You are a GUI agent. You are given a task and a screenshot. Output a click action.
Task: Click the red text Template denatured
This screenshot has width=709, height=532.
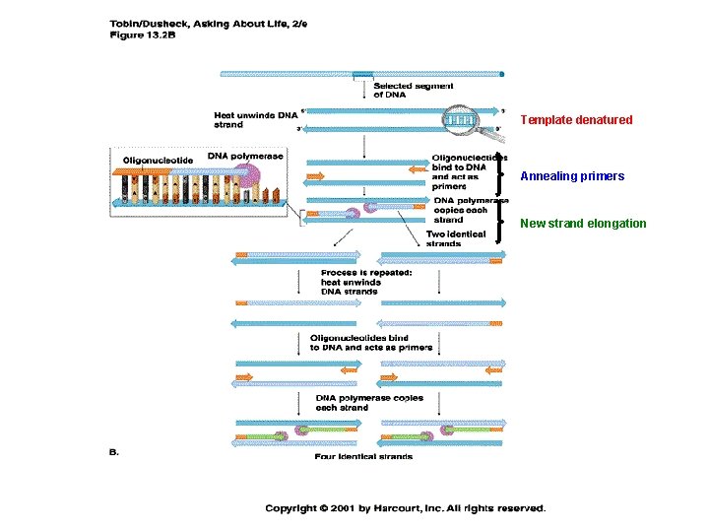coord(576,120)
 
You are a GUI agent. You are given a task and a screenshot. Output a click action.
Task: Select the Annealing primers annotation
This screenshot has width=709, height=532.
coord(571,176)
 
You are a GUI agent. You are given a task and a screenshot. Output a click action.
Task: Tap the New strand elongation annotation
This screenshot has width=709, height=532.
coord(583,224)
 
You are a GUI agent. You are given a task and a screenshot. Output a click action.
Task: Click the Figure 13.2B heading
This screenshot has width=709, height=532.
coord(141,34)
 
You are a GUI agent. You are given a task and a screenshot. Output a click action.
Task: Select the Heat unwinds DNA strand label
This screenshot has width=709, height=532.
coord(255,119)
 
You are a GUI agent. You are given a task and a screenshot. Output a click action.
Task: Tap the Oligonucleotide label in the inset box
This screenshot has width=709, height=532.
coord(159,161)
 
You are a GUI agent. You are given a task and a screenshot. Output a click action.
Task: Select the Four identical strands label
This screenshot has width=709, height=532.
coord(363,456)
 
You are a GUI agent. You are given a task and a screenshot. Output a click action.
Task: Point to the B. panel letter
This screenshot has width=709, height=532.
coord(113,451)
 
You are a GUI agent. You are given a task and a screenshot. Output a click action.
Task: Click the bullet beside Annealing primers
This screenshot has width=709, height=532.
coord(505,177)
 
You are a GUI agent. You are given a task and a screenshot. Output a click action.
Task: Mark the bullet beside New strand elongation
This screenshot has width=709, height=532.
coord(505,224)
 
